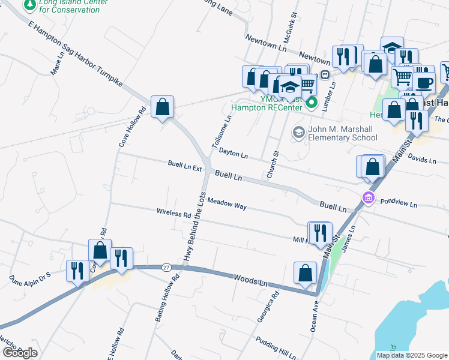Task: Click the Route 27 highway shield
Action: point(166,267)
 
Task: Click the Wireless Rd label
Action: point(173,213)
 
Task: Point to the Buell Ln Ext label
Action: point(185,167)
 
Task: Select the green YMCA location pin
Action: point(311,103)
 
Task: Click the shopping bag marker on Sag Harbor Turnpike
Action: point(162,108)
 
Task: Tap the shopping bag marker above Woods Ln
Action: point(305,272)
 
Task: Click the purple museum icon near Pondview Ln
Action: point(368,198)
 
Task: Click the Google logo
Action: point(20,353)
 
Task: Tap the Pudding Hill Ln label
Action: point(276,347)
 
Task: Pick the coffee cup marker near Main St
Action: point(424,83)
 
